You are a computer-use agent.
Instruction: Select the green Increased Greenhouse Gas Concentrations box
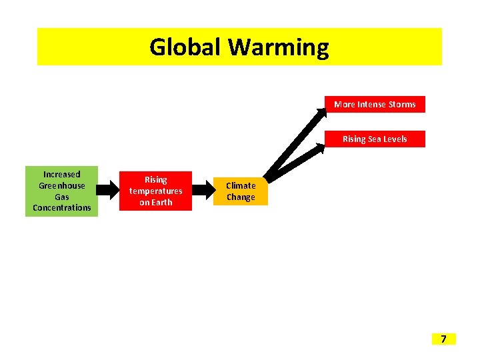(x=62, y=191)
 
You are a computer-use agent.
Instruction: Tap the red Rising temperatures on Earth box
(x=155, y=191)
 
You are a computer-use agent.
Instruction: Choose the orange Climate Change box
(x=241, y=191)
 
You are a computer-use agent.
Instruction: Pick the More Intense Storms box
(x=375, y=105)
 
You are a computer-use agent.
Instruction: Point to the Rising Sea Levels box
(x=375, y=139)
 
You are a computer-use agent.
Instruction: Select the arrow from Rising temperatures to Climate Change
(x=202, y=192)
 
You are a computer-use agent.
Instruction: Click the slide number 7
(x=443, y=339)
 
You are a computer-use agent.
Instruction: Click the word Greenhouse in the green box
(x=62, y=186)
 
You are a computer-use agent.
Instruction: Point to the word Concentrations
(x=62, y=208)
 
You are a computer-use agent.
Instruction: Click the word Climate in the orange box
(x=241, y=186)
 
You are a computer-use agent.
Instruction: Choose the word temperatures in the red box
(x=155, y=191)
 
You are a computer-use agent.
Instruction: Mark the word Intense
(x=371, y=105)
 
